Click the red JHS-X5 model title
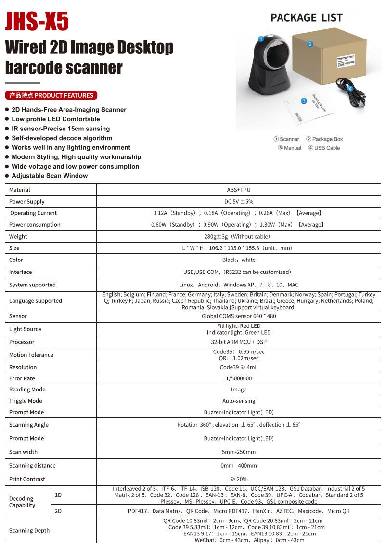click(37, 21)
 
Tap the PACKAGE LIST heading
click(306, 18)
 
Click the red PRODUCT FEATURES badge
click(51, 95)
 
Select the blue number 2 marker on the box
click(310, 44)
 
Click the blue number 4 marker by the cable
click(350, 89)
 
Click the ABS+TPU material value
click(239, 190)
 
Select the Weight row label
click(18, 236)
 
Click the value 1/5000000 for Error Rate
click(239, 378)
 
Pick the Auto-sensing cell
click(239, 401)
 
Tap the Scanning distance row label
click(32, 466)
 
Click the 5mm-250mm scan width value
click(239, 452)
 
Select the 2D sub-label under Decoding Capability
click(58, 511)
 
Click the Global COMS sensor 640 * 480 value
click(239, 316)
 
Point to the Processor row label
click(22, 342)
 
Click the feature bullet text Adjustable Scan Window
click(50, 176)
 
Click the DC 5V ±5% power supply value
click(239, 202)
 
